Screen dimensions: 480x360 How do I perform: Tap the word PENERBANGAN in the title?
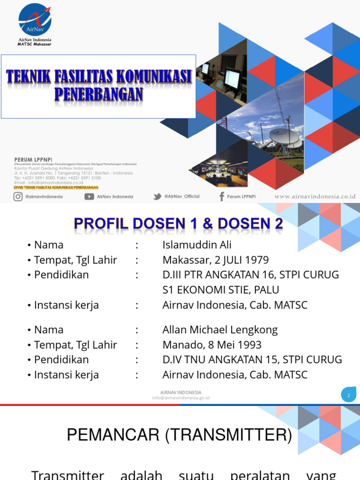[98, 94]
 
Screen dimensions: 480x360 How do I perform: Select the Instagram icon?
[18, 196]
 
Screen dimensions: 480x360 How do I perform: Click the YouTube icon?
[89, 196]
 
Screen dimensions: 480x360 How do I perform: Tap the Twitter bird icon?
[157, 196]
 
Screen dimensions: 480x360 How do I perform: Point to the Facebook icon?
[221, 196]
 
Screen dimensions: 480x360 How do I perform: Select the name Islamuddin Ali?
[197, 245]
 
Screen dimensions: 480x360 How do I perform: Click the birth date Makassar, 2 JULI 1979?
[216, 260]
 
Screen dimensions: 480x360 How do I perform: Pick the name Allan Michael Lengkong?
[220, 330]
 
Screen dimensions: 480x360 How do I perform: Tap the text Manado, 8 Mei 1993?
[212, 345]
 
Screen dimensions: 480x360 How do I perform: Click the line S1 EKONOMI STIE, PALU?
[220, 290]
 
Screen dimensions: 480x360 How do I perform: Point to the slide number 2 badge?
[348, 396]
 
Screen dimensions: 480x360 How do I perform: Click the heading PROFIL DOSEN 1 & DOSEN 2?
[179, 224]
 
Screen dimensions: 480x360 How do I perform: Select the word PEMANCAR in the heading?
[112, 435]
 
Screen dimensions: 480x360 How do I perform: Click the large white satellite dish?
[284, 136]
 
